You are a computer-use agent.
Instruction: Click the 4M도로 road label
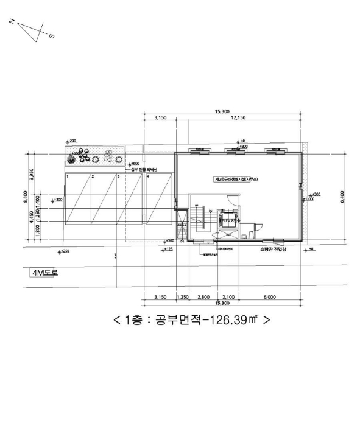44,273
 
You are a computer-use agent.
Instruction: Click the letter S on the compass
51,36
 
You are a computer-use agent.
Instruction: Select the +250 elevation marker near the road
64,250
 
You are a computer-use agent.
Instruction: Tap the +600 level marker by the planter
134,164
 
